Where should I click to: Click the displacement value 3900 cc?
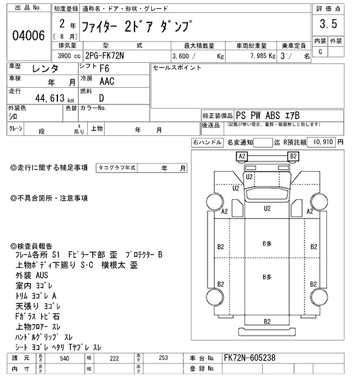point(69,56)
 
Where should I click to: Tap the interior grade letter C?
point(320,52)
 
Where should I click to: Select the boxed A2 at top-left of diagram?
point(242,156)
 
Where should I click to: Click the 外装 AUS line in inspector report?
point(32,275)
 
